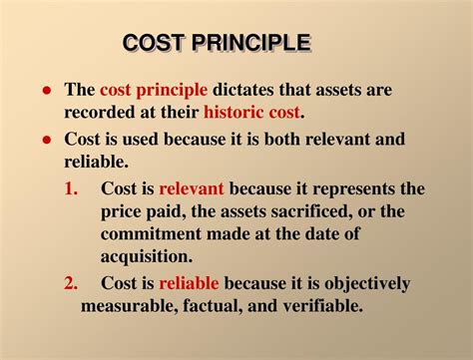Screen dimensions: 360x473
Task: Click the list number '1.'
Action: tap(72, 187)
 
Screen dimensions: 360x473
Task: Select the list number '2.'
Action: tap(72, 282)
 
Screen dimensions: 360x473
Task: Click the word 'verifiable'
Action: tap(315, 305)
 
